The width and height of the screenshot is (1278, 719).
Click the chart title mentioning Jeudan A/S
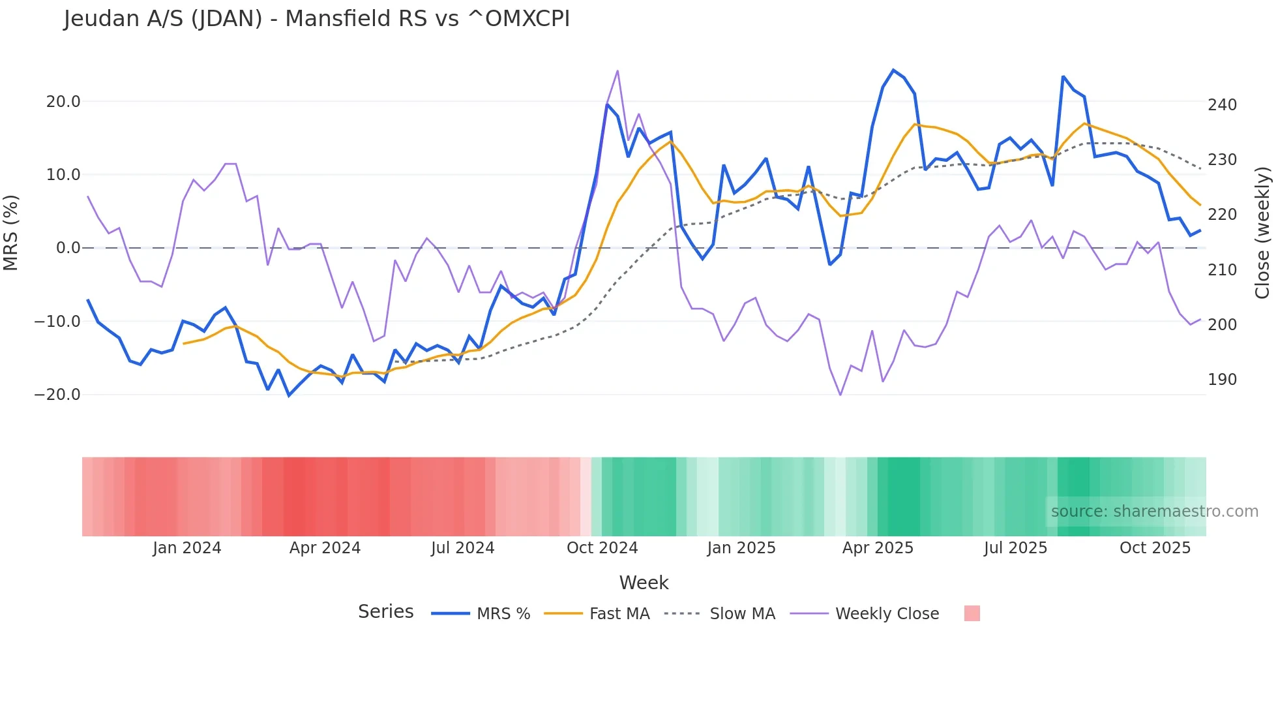317,19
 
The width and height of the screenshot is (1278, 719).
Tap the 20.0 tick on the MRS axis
63,102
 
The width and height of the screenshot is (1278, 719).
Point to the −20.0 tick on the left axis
57,395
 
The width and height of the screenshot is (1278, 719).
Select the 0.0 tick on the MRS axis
68,248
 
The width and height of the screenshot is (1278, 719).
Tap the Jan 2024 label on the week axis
187,548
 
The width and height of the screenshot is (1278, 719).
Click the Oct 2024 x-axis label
602,548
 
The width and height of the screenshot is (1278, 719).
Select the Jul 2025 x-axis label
1015,548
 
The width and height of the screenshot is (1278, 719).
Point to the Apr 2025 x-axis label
878,548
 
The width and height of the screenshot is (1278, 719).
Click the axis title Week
644,583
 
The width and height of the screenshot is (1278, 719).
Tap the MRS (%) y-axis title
11,233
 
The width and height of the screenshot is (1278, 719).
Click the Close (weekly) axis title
1262,233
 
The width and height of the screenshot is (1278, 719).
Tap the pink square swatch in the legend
972,613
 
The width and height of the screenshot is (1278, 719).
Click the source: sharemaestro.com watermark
1154,512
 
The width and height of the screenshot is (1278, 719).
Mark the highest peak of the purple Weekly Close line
617,70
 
